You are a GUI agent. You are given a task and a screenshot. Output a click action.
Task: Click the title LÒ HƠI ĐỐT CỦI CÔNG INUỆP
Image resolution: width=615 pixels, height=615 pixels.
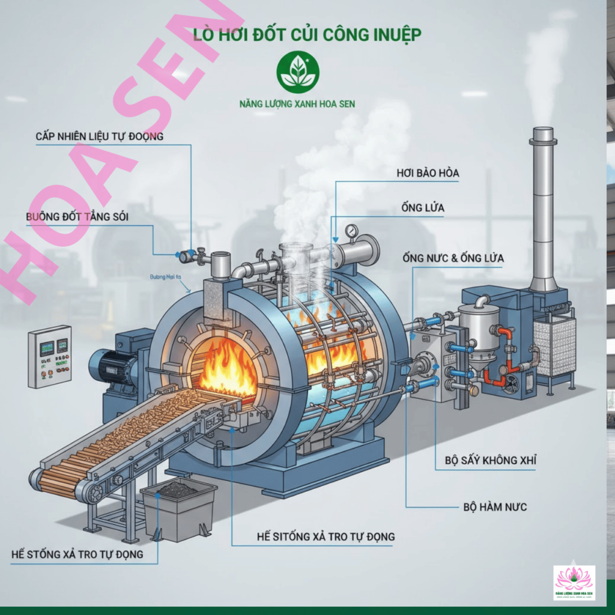tap(306, 34)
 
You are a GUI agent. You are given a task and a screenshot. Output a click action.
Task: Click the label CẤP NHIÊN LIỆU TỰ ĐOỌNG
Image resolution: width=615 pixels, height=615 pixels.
tap(99, 136)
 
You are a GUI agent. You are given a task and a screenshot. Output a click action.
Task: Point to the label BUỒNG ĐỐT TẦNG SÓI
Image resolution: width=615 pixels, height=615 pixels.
tap(77, 216)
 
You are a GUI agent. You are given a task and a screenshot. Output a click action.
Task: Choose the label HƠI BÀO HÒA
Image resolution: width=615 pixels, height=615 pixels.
tap(428, 173)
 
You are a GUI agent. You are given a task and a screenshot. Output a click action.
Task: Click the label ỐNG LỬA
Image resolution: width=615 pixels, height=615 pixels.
tap(423, 208)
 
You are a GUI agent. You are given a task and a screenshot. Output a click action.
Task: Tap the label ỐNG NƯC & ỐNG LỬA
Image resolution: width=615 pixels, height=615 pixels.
tap(453, 258)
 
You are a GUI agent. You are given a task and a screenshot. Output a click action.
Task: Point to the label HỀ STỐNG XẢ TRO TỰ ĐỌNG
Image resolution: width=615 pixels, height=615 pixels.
tap(77, 554)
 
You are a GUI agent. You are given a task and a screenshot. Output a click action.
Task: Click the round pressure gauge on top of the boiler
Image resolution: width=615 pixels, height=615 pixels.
tap(352, 231)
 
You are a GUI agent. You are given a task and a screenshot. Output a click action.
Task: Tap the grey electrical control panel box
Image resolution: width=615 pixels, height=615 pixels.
tap(49, 357)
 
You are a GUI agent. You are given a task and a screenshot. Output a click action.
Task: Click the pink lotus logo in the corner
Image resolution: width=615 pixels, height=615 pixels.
tap(574, 581)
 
